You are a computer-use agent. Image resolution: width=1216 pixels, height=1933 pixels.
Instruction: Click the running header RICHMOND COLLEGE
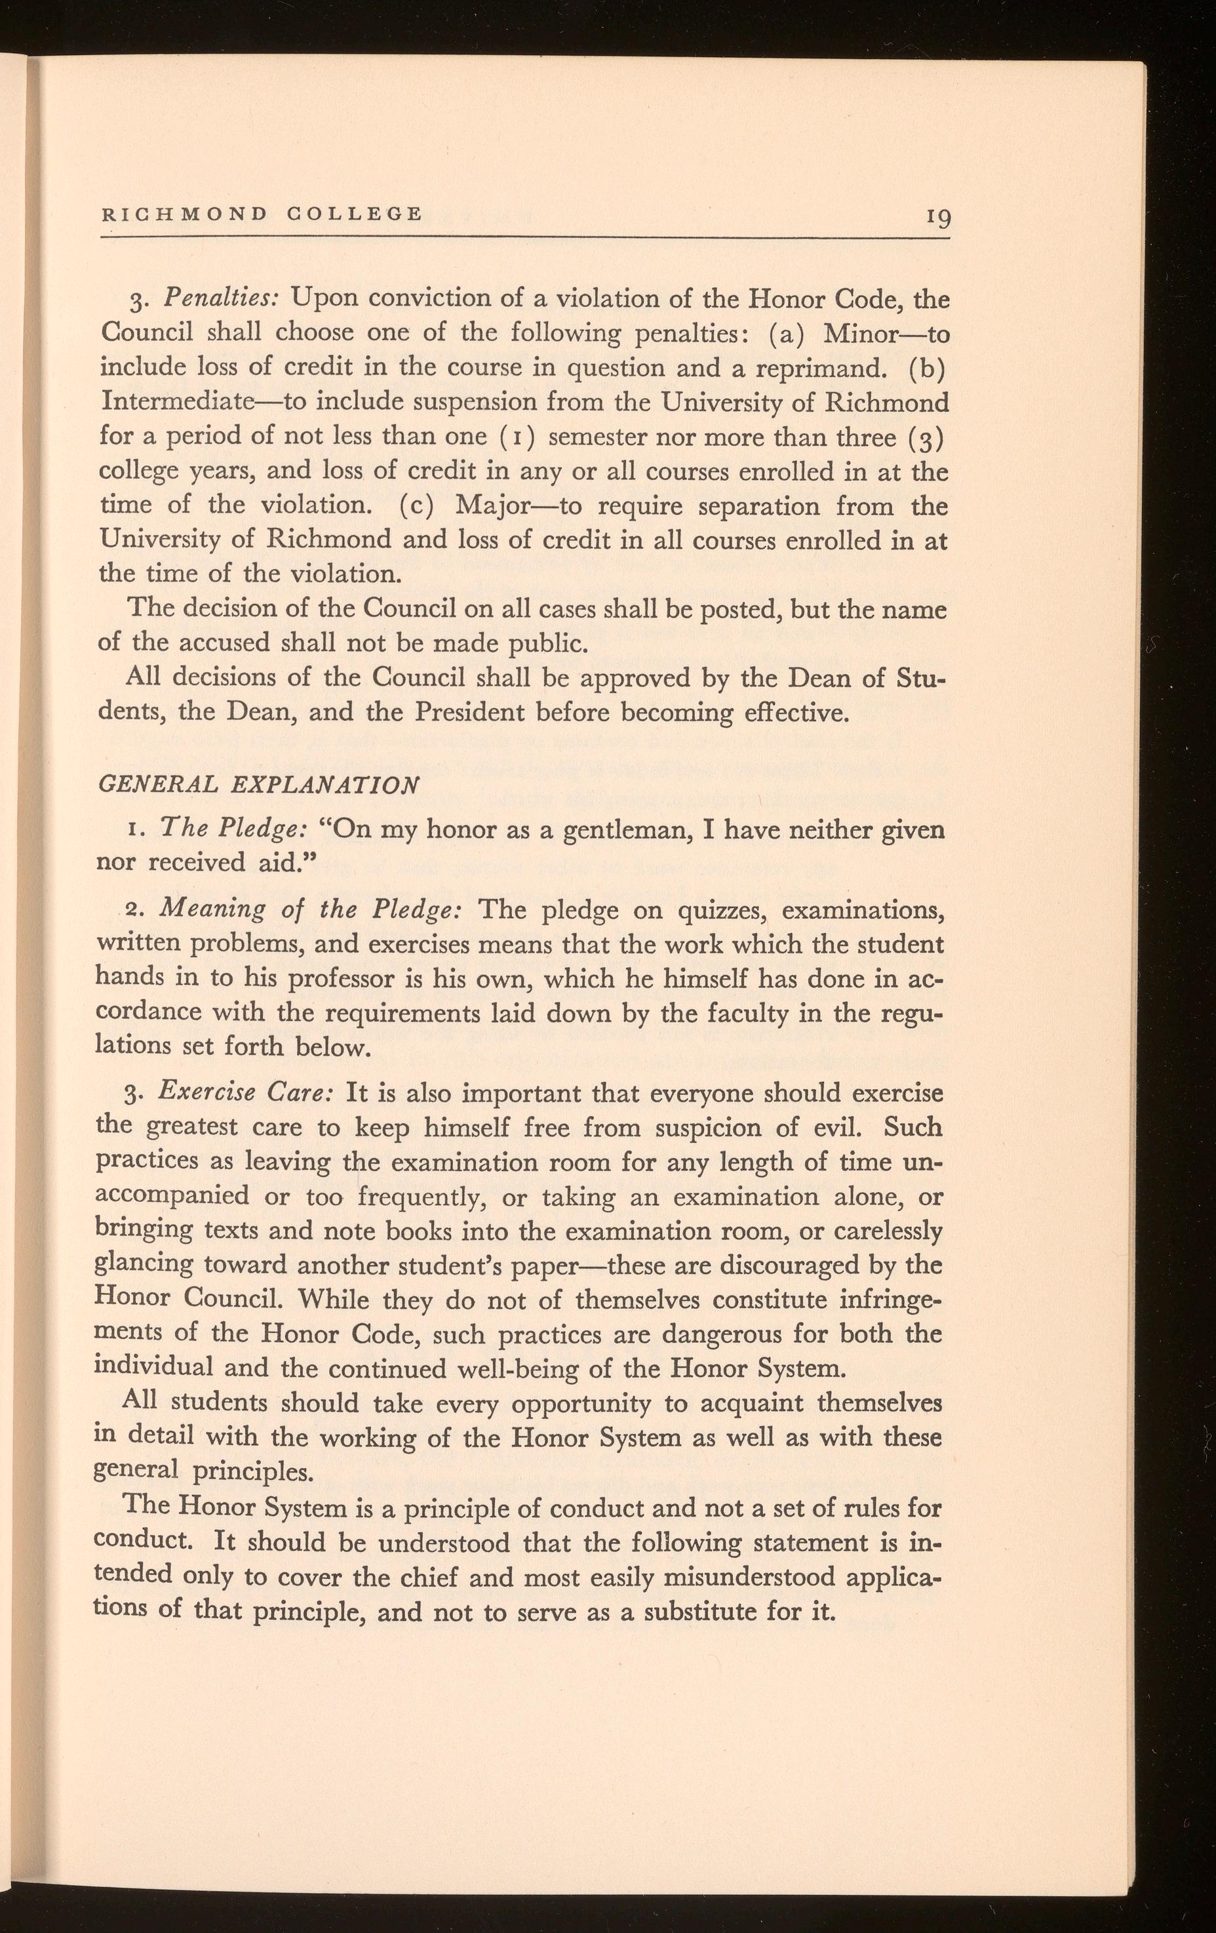pyautogui.click(x=261, y=214)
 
